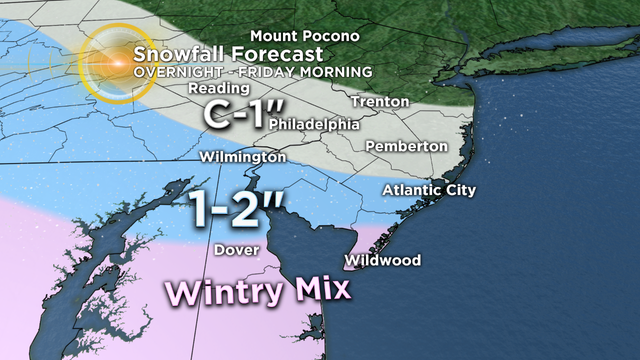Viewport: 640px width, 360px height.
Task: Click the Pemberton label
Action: coord(407,146)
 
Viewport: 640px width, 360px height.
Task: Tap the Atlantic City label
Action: coord(429,190)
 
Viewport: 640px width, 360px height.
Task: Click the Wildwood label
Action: coord(382,261)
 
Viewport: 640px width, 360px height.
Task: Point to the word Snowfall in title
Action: coord(174,55)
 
